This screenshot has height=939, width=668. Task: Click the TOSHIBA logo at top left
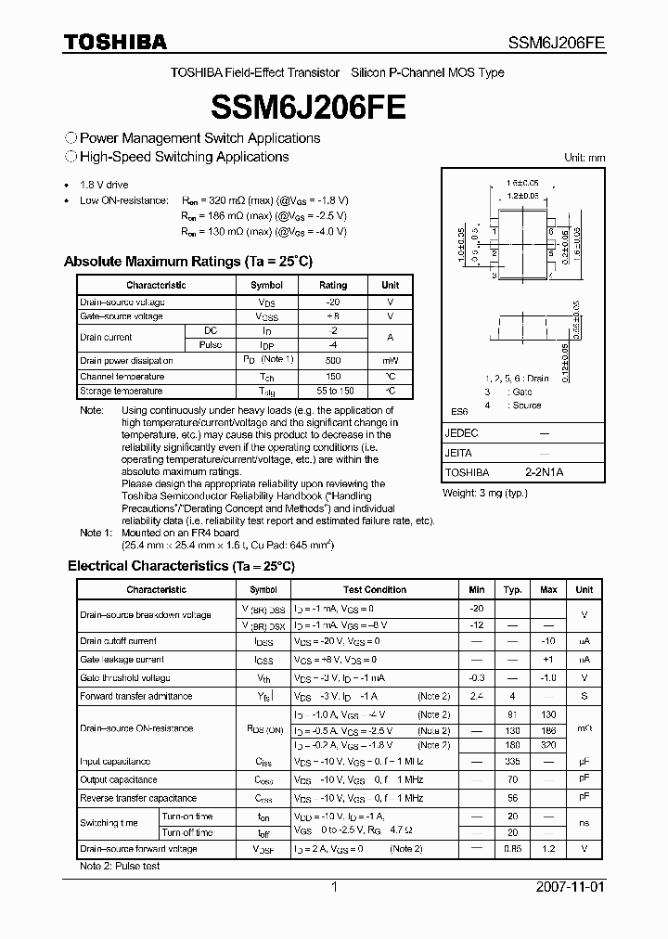115,42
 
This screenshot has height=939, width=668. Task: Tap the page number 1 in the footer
335,886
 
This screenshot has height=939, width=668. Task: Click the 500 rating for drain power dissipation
333,360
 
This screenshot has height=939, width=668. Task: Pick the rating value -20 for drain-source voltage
333,302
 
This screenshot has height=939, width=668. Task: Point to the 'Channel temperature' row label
122,376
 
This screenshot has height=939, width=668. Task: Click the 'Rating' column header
333,286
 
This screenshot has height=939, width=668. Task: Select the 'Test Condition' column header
374,589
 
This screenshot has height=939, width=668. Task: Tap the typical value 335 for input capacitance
512,762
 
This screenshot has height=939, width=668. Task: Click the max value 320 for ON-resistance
548,744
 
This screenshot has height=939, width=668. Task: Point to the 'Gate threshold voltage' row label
124,677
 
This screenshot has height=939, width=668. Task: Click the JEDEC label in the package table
461,433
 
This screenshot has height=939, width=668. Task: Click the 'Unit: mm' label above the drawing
584,158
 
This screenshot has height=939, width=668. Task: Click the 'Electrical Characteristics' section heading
181,565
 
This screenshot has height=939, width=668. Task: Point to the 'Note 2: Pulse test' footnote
120,866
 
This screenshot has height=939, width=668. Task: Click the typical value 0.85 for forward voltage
512,848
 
